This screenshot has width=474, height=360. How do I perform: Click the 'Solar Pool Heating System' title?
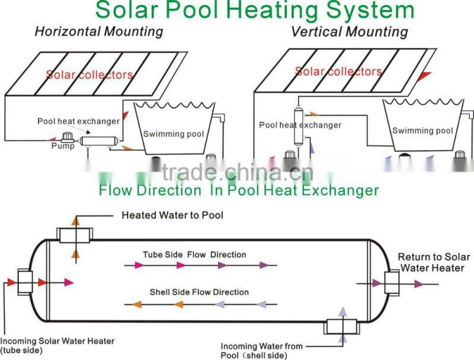pyautogui.click(x=255, y=9)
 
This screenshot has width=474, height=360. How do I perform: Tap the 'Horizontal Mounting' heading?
pyautogui.click(x=99, y=31)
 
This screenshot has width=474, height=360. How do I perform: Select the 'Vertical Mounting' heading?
pyautogui.click(x=349, y=31)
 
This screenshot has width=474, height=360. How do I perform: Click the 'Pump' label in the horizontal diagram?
pyautogui.click(x=63, y=146)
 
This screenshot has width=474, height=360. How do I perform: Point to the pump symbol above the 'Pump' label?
pyautogui.click(x=67, y=138)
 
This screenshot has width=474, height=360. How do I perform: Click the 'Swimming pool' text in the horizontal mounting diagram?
pyautogui.click(x=174, y=133)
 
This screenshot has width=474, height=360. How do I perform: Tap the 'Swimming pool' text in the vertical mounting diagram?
pyautogui.click(x=422, y=130)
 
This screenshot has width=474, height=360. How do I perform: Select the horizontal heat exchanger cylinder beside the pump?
pyautogui.click(x=99, y=141)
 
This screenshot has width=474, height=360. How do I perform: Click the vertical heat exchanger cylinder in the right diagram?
pyautogui.click(x=299, y=126)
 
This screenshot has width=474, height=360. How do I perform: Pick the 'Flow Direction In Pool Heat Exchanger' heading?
pyautogui.click(x=239, y=190)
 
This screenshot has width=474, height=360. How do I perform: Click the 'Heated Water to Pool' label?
pyautogui.click(x=172, y=215)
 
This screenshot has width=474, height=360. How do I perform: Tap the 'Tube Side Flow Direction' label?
pyautogui.click(x=194, y=254)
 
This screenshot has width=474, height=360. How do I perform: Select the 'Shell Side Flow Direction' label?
pyautogui.click(x=199, y=292)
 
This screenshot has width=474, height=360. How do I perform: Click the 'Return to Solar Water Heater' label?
pyautogui.click(x=434, y=262)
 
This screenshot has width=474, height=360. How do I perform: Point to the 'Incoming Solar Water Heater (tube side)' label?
pyautogui.click(x=57, y=346)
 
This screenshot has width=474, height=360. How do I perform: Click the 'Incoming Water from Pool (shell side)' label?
pyautogui.click(x=261, y=351)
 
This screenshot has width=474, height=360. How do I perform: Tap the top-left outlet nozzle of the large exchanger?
pyautogui.click(x=75, y=235)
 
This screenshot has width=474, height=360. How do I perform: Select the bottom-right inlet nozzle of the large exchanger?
pyautogui.click(x=342, y=327)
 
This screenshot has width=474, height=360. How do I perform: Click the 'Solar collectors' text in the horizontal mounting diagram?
pyautogui.click(x=89, y=75)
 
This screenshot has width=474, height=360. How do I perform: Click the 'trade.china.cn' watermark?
pyautogui.click(x=238, y=173)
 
